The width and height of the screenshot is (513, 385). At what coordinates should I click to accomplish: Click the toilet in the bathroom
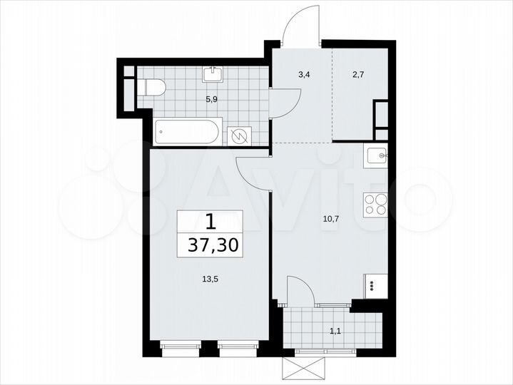152,88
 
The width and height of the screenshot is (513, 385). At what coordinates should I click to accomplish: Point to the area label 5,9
212,99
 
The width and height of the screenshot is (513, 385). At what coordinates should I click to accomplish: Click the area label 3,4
303,72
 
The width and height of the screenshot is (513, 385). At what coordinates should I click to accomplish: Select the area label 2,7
357,72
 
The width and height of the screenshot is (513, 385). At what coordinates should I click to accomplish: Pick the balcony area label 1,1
335,330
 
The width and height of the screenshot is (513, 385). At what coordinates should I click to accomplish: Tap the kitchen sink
376,155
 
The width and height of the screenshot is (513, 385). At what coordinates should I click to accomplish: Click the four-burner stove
375,205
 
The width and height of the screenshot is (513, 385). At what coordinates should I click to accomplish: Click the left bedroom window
178,349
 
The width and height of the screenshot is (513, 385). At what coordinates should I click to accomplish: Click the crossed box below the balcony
305,369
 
